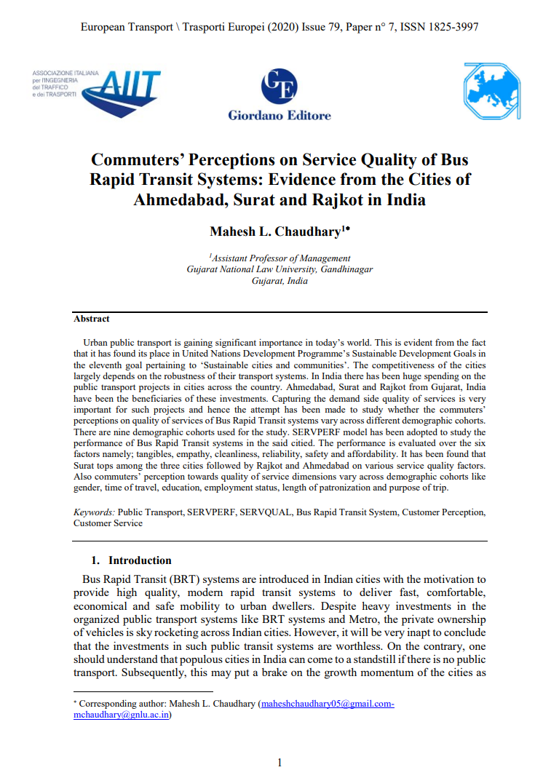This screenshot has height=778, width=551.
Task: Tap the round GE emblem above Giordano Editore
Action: (280, 87)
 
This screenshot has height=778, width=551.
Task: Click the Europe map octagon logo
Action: (492, 90)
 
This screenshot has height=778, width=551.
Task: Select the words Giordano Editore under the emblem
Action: (280, 115)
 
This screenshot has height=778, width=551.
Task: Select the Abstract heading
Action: (92, 319)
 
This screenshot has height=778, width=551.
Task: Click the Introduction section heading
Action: (140, 560)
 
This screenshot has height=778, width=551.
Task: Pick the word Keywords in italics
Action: (94, 512)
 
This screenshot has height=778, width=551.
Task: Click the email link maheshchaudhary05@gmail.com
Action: (328, 704)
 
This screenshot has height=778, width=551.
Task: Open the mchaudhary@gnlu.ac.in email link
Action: (122, 715)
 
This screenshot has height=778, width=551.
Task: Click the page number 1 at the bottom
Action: (280, 762)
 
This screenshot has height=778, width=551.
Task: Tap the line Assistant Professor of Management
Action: (280, 258)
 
